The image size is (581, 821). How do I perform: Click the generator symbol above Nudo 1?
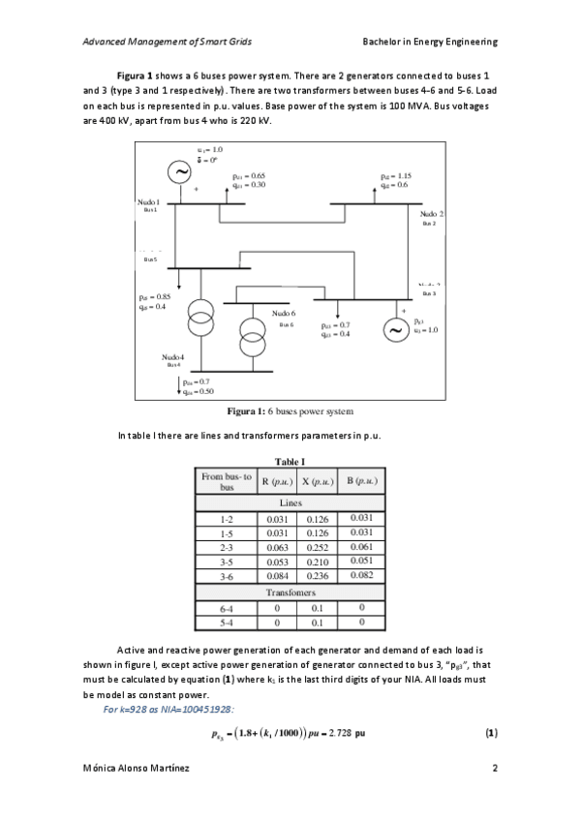[180, 172]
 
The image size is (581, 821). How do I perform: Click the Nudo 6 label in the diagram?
[283, 314]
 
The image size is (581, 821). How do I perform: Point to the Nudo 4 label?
[173, 357]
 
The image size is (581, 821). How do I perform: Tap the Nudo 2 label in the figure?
[432, 212]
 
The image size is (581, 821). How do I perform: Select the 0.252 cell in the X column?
[319, 547]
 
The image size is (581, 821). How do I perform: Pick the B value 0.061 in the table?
[360, 547]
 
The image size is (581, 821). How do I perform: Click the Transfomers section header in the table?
[290, 592]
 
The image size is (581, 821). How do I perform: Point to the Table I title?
[290, 461]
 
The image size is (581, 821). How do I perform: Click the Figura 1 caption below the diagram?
[290, 411]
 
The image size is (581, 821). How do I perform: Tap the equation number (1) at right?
[490, 733]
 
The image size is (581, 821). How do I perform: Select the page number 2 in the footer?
[494, 768]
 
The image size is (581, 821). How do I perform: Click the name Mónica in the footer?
[103, 768]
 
